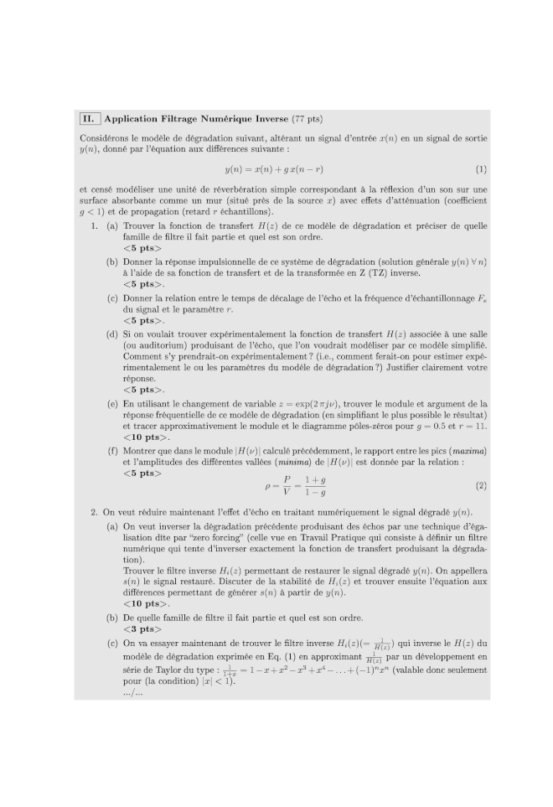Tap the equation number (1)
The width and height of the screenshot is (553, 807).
click(481, 168)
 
